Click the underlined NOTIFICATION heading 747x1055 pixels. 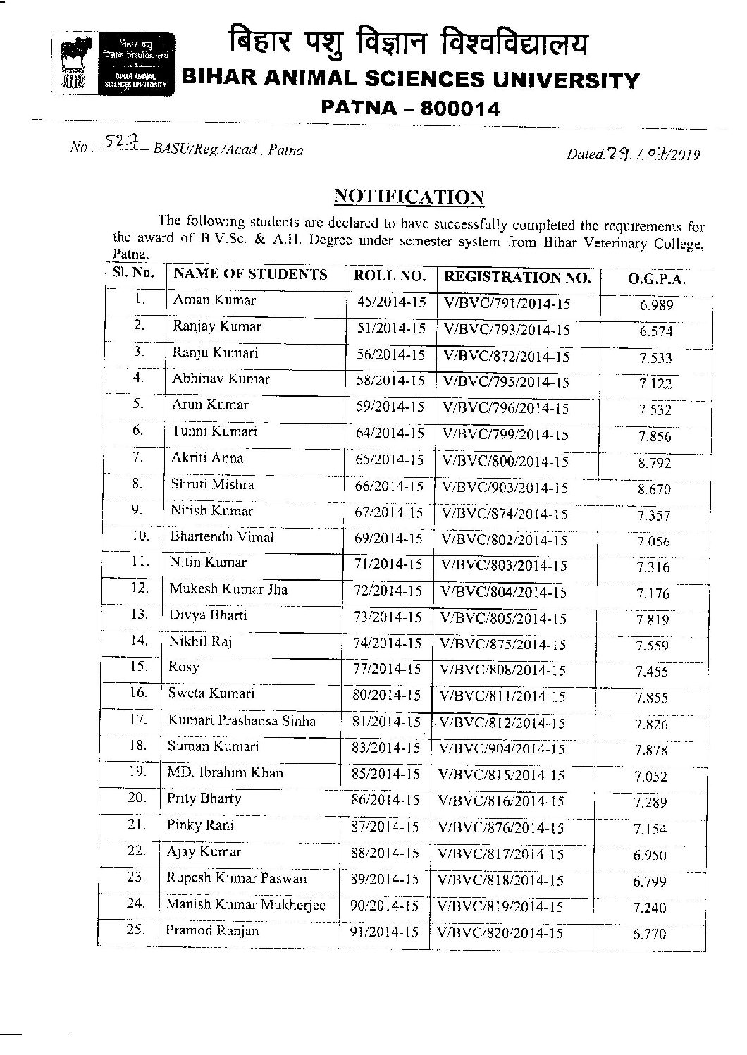[x=408, y=195]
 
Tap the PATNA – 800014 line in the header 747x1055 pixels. [x=410, y=109]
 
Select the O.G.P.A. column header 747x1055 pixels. [x=656, y=279]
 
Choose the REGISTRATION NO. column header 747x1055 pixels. [x=517, y=277]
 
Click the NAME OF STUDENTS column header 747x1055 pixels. [x=250, y=274]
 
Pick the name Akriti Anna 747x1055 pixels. [x=207, y=458]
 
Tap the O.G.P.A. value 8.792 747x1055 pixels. [x=655, y=463]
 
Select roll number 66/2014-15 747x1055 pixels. [x=390, y=486]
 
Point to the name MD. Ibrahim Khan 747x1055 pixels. [x=225, y=772]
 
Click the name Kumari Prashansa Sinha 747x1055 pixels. [x=242, y=721]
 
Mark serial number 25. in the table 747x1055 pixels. [x=135, y=929]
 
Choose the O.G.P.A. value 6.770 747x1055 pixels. [x=649, y=934]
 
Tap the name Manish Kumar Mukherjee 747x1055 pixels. [x=245, y=904]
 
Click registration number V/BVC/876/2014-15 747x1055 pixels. [x=501, y=828]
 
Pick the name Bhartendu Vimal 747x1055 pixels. [x=222, y=536]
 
